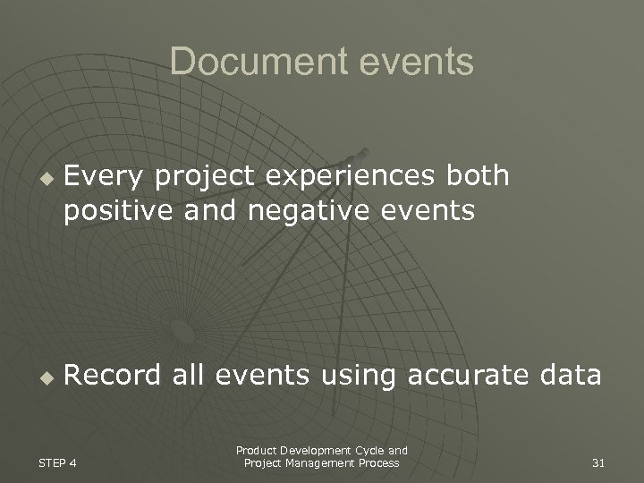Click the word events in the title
tap(416, 62)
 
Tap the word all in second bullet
tap(190, 376)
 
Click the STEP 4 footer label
tap(56, 462)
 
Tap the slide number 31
tap(598, 462)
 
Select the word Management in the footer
tap(321, 462)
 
